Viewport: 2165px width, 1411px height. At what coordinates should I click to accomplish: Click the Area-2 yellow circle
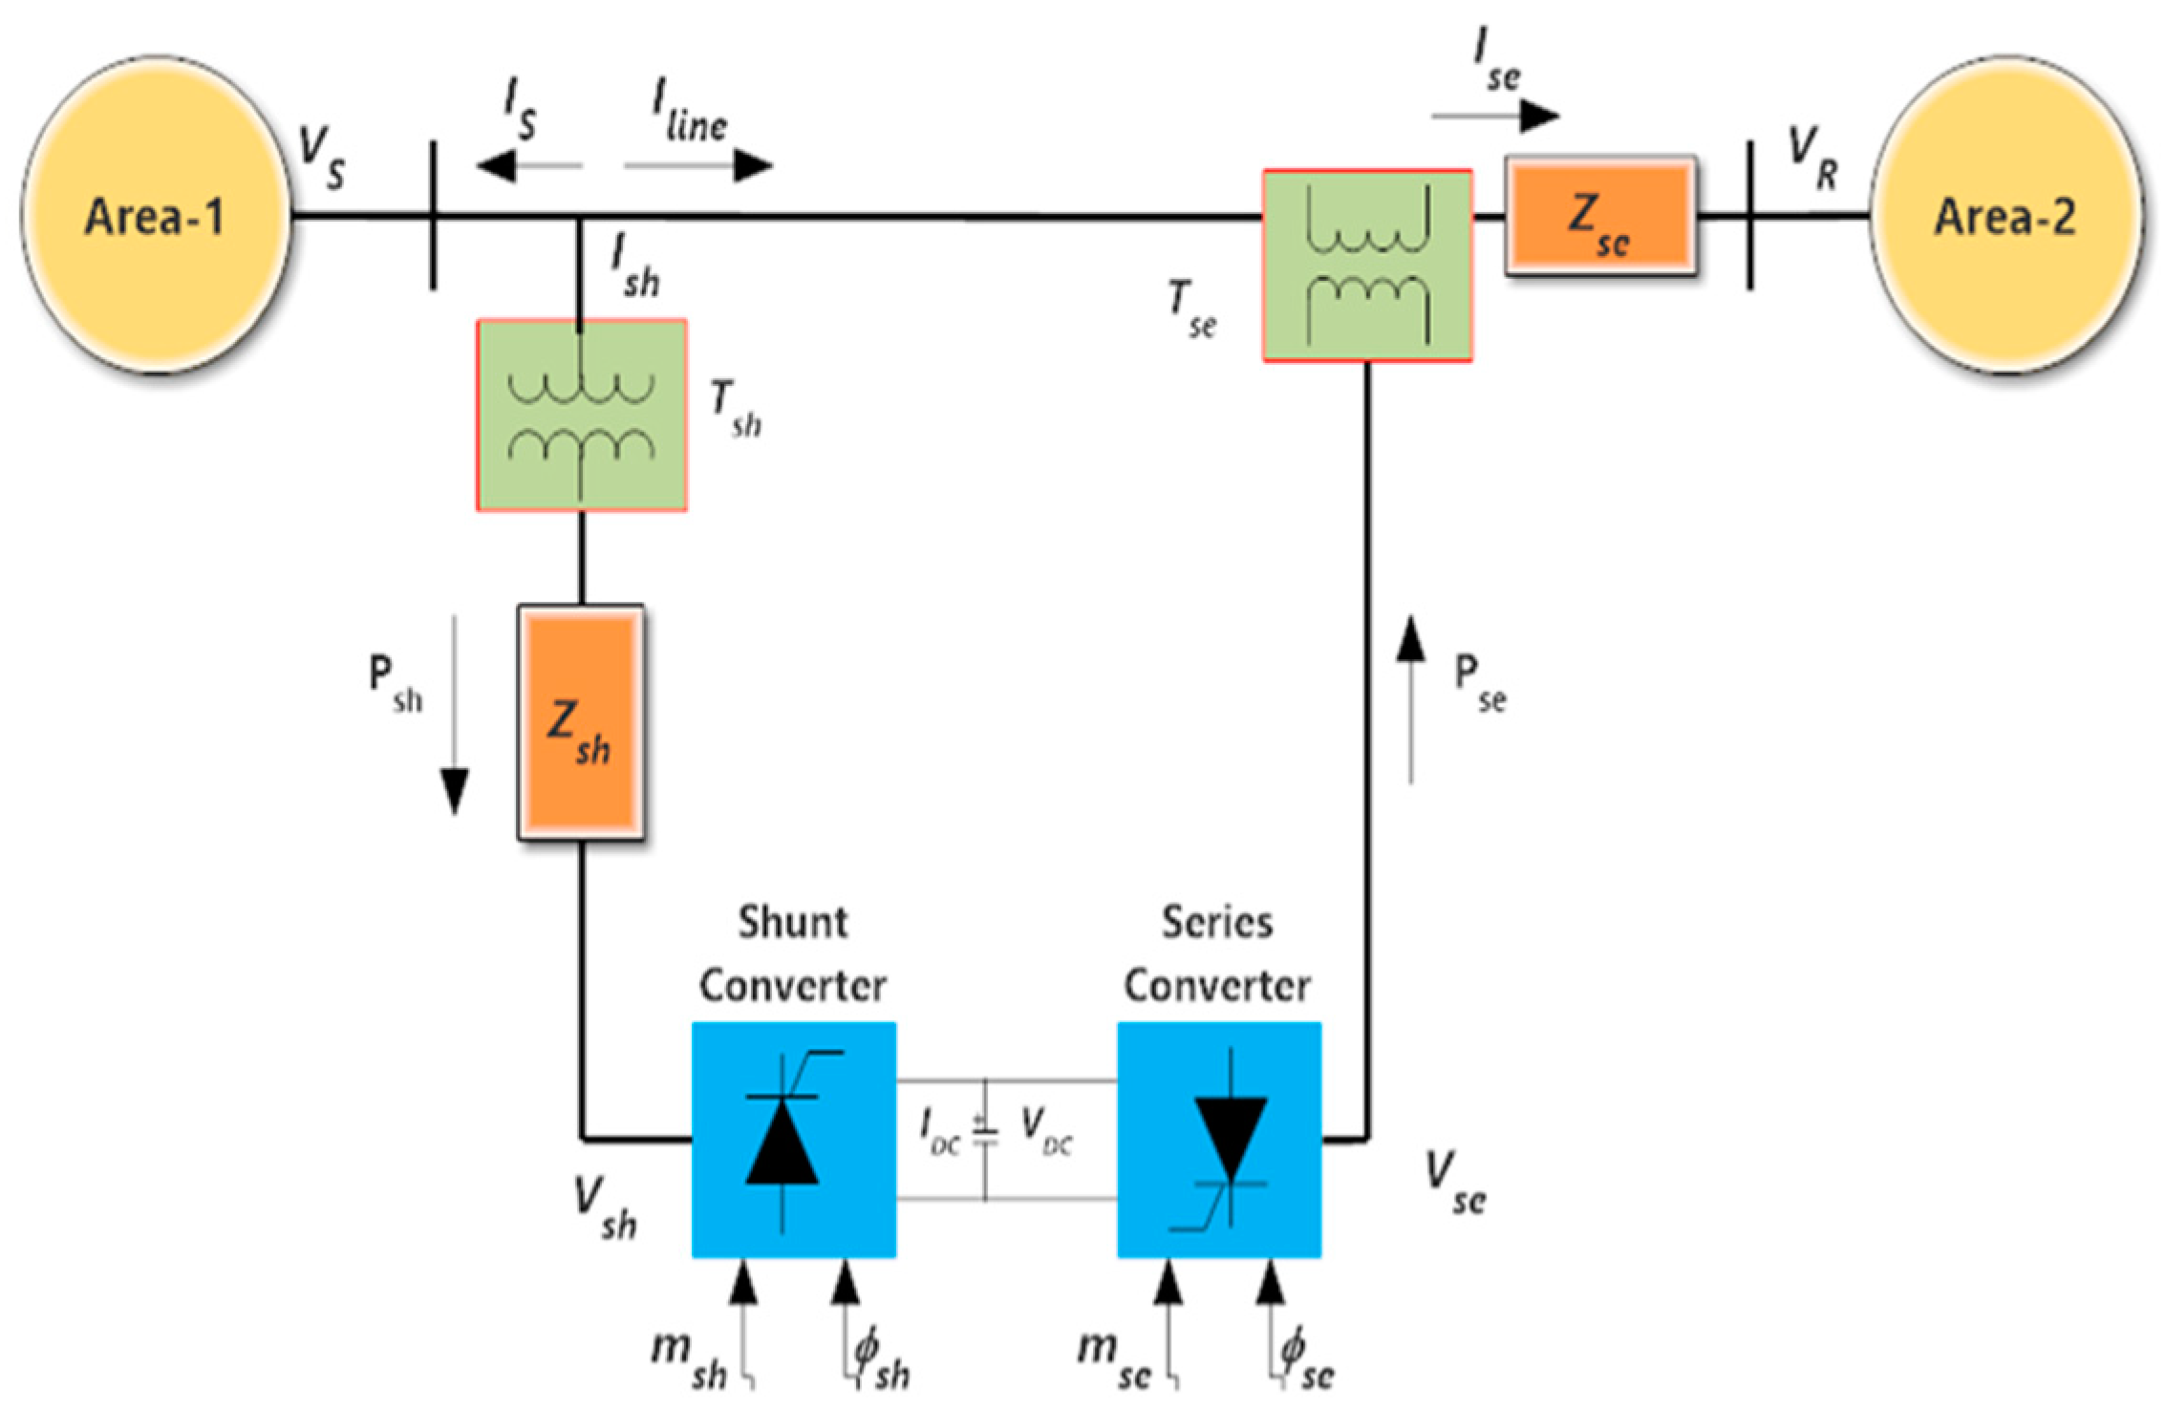(x=2004, y=218)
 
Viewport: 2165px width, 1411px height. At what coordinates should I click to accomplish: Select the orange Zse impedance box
(x=1600, y=217)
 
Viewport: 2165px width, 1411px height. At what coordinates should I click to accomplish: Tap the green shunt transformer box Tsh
(x=581, y=415)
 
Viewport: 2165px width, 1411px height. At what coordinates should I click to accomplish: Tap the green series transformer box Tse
(x=1367, y=266)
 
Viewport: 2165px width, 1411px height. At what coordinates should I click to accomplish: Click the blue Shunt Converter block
(x=793, y=1139)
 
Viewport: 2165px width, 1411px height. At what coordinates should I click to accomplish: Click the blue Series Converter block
(x=1219, y=1139)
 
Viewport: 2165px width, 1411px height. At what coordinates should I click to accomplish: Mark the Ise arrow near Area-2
(x=1495, y=117)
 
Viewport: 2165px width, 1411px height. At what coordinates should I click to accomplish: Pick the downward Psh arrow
(x=455, y=716)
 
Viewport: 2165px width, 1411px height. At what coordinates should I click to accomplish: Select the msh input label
(x=689, y=1358)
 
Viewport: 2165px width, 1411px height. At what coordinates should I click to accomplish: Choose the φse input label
(x=1307, y=1358)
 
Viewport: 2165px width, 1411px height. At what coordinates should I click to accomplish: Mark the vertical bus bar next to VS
(x=433, y=216)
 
